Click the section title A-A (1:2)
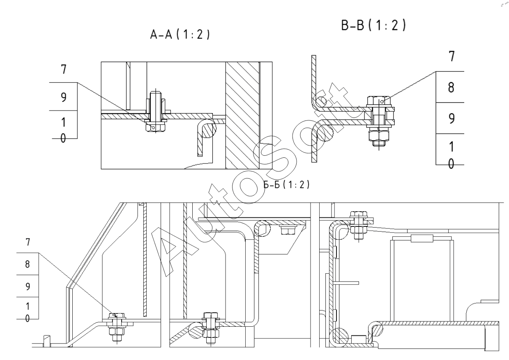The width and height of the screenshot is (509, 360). tap(180, 35)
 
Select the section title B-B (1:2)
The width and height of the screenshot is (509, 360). tap(373, 25)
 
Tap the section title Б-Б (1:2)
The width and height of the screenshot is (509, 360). tap(286, 185)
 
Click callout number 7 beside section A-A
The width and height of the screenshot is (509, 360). tap(64, 69)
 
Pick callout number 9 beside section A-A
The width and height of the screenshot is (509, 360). tap(64, 97)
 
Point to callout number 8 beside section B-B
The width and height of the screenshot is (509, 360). tap(451, 88)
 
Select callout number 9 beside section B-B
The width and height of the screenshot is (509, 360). tap(451, 118)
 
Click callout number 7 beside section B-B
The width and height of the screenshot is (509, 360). tap(452, 56)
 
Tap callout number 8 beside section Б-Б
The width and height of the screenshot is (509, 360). tap(28, 264)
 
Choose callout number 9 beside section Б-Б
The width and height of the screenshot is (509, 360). tap(28, 286)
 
